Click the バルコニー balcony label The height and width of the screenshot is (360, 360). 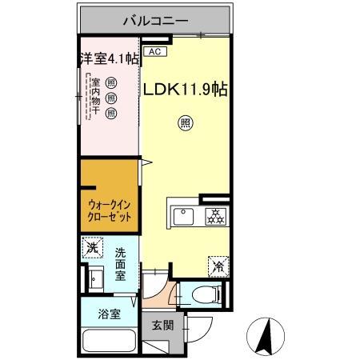point(155,20)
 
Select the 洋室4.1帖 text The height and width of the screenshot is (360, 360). point(109,58)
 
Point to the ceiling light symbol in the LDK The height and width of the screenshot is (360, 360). point(184,123)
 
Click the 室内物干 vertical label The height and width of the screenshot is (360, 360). point(95,95)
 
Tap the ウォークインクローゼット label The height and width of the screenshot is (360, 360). point(109,212)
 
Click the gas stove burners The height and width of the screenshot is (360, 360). point(214,215)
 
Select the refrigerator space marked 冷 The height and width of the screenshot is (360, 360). point(217,262)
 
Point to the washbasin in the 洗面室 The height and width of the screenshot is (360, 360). point(95,280)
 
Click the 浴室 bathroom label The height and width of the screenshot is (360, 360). point(110,314)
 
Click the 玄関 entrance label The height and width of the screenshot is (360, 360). point(162,325)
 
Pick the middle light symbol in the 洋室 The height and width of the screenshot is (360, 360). point(111,95)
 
